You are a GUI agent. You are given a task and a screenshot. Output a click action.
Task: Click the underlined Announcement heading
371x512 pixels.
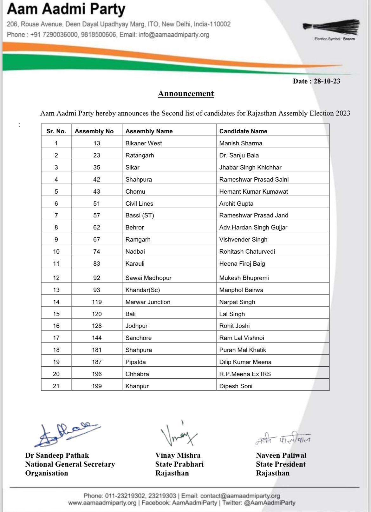(x=186, y=94)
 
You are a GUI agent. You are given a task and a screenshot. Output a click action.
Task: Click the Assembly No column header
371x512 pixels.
(x=94, y=131)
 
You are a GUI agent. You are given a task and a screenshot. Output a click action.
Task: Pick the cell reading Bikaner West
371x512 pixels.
(x=144, y=143)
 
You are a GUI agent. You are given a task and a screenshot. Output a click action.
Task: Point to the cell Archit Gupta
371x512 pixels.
(x=236, y=203)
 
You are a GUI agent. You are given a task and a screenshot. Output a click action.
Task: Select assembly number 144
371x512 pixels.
(x=97, y=338)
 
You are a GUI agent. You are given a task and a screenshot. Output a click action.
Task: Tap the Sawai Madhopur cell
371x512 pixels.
(x=148, y=278)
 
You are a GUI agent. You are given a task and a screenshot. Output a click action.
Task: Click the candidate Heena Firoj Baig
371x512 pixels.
(x=242, y=263)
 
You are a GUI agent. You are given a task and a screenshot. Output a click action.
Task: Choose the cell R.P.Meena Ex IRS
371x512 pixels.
(x=245, y=374)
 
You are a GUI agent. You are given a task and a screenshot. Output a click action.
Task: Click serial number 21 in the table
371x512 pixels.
(x=56, y=386)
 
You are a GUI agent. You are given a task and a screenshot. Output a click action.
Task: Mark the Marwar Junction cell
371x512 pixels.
(x=148, y=302)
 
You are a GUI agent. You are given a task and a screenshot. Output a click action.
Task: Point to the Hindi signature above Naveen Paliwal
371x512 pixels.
(x=283, y=438)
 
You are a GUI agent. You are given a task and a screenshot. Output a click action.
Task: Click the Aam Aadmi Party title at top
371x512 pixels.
(x=66, y=10)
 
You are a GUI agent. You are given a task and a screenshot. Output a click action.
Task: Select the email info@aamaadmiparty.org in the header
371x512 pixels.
(x=174, y=35)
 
